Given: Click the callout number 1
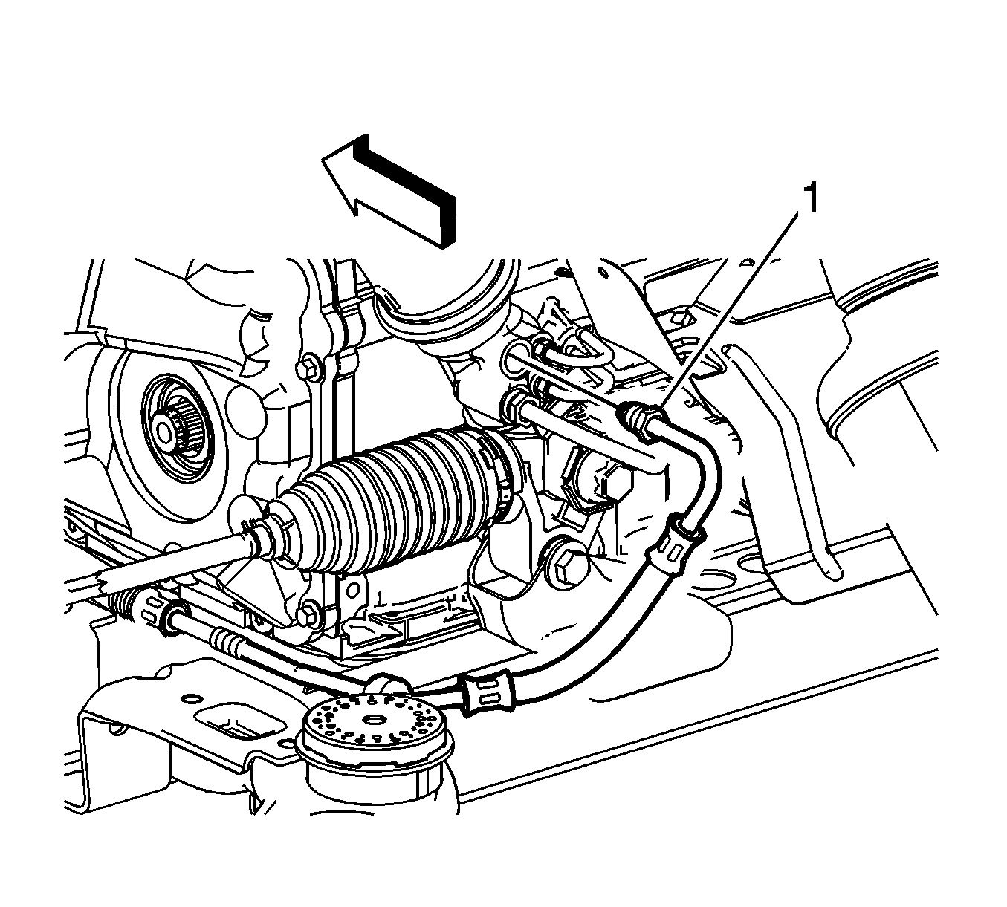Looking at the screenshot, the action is (810, 198).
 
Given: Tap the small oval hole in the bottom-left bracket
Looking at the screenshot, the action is (191, 699).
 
